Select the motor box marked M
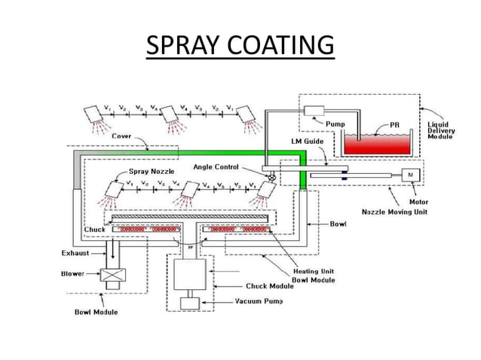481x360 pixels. (x=412, y=174)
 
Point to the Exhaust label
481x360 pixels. (x=72, y=253)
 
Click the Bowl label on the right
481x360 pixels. (x=339, y=224)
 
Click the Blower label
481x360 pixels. (x=73, y=274)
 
